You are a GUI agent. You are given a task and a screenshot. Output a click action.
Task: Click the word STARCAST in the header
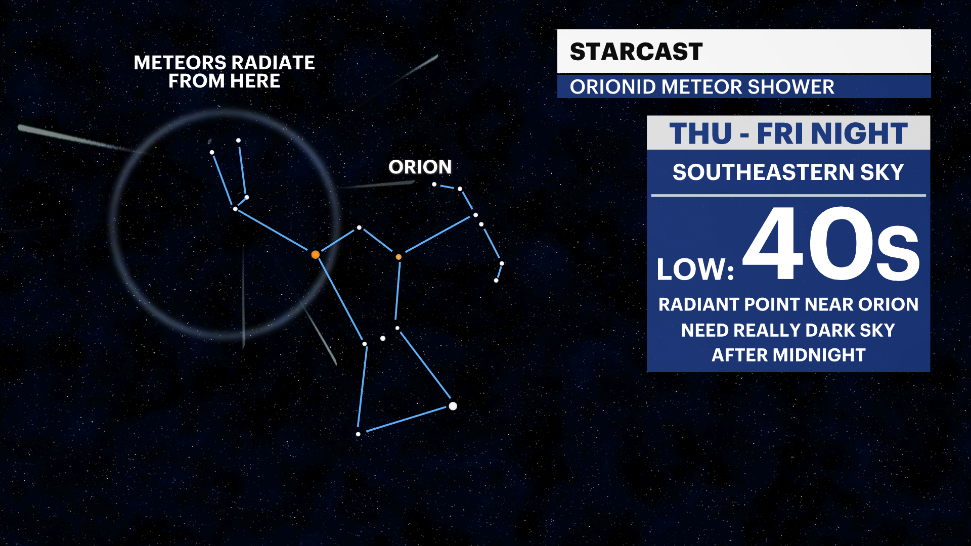point(636,52)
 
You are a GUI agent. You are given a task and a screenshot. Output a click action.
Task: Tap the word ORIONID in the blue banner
point(612,87)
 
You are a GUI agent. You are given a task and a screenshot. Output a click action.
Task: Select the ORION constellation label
point(420,167)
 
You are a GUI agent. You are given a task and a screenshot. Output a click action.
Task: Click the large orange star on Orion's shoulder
point(315,254)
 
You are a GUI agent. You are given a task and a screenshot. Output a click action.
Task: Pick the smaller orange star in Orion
point(399,257)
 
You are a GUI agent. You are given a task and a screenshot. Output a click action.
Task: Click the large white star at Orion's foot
point(453,406)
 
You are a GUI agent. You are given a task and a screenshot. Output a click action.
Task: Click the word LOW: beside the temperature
point(694,269)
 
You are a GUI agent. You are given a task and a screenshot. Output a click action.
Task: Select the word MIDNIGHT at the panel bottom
point(819,355)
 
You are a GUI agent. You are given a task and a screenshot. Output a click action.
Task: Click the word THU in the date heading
point(700,134)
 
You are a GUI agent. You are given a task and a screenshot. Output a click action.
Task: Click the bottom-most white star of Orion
point(358,434)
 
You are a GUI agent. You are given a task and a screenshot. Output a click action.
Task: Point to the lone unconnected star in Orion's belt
point(383,338)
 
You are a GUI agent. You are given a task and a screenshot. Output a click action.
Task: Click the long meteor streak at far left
point(71,137)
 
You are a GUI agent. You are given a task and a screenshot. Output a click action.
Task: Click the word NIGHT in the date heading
point(859,134)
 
